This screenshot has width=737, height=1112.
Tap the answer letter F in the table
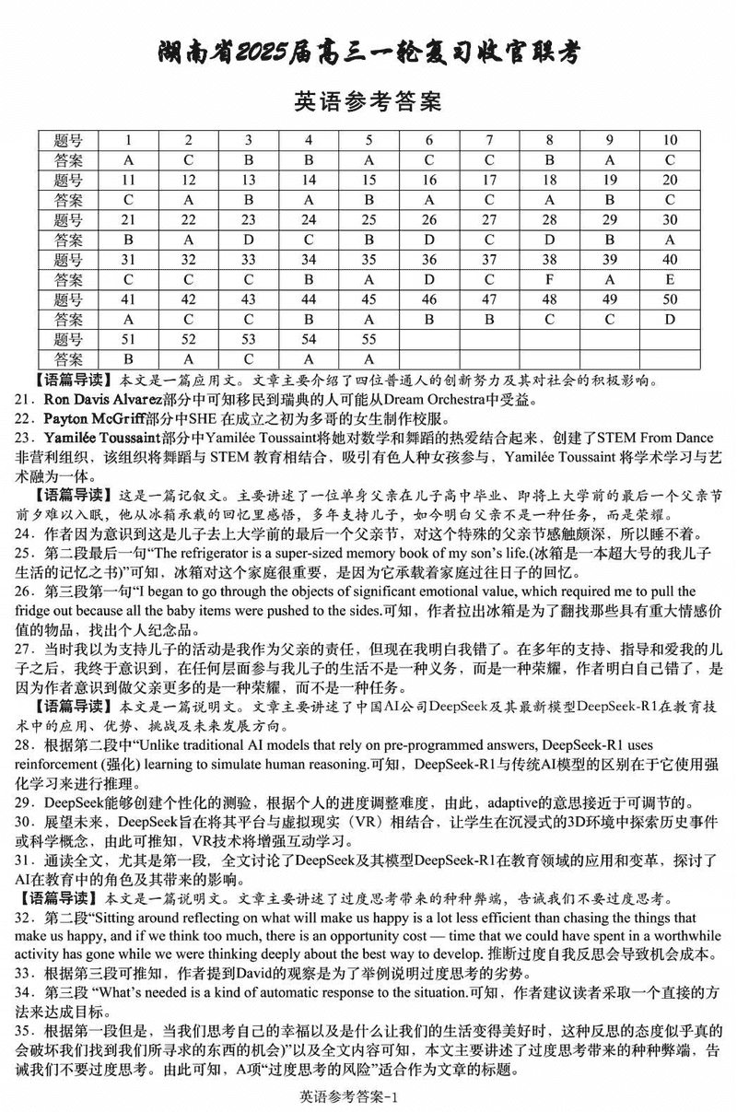point(549,279)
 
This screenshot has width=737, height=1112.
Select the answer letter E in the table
point(670,279)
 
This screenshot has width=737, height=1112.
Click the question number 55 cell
point(368,339)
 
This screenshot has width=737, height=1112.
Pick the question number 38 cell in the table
point(549,260)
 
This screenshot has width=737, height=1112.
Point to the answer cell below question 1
point(128,160)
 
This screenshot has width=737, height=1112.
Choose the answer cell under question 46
point(428,320)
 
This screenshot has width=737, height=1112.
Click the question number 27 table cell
point(489,220)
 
